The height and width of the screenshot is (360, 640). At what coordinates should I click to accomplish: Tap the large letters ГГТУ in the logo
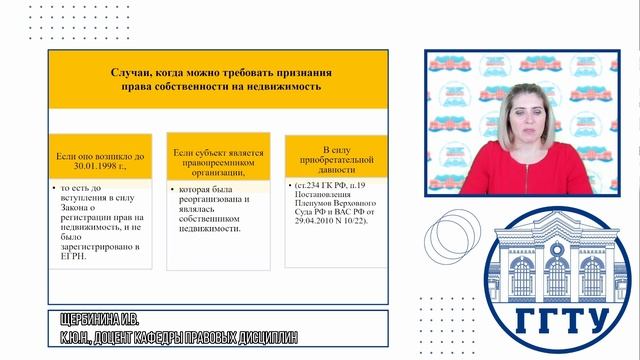click(562, 320)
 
